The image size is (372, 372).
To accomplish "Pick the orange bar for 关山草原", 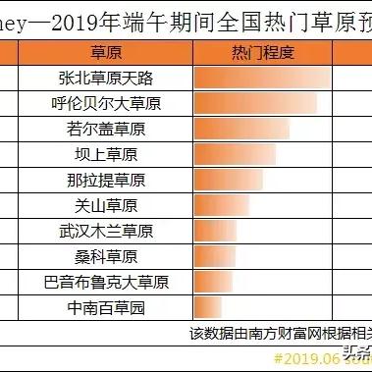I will click(x=225, y=206).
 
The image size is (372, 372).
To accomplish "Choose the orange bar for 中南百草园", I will click(x=211, y=308).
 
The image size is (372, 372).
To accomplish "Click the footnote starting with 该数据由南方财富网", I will click(x=280, y=334).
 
